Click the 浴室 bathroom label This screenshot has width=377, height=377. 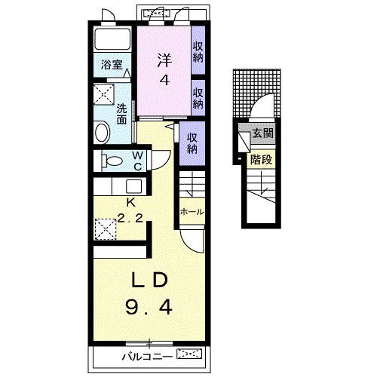click(x=112, y=65)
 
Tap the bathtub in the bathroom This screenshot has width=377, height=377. click(x=112, y=39)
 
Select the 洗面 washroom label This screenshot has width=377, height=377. click(x=121, y=115)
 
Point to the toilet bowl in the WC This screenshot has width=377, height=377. click(x=112, y=161)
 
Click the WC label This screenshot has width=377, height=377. click(x=138, y=161)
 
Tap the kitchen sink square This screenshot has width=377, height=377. click(x=133, y=186)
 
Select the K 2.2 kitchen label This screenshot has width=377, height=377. click(x=130, y=210)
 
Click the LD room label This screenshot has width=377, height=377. click(x=149, y=280)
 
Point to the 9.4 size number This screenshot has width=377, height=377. click(x=149, y=308)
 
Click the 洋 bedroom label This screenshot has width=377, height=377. click(x=164, y=60)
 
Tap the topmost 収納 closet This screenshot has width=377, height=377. click(x=198, y=52)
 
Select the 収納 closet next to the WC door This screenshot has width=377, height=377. click(x=192, y=143)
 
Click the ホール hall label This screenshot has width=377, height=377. click(x=192, y=212)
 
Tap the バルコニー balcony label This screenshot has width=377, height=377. click(x=147, y=357)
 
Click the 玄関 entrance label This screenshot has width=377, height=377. click(x=262, y=133)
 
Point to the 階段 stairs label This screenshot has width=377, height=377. click(x=261, y=160)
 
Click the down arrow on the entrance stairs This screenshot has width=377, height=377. click(x=262, y=183)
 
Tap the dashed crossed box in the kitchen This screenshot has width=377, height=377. click(x=106, y=229)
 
